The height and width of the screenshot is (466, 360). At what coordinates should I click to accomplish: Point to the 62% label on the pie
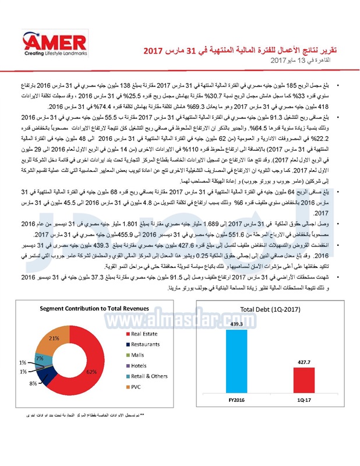(91, 371)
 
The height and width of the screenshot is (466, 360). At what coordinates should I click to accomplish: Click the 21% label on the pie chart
(54, 338)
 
